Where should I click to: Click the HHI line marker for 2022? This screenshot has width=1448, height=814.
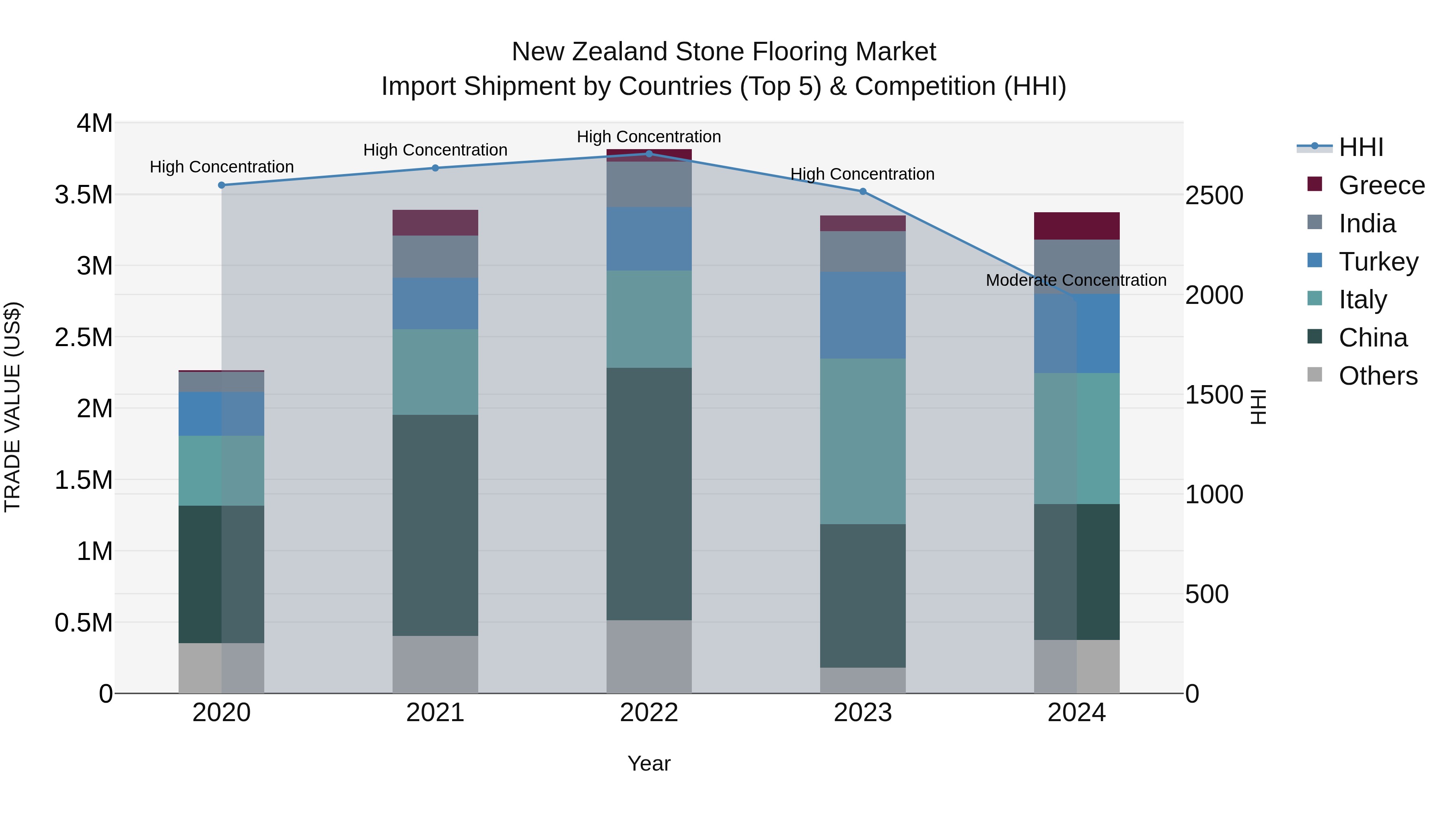(649, 154)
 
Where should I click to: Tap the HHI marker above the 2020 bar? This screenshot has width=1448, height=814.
(222, 185)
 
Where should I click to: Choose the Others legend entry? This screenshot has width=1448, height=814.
(1377, 376)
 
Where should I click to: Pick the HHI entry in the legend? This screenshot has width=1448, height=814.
(1360, 147)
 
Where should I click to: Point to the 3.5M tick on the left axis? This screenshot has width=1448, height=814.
(84, 195)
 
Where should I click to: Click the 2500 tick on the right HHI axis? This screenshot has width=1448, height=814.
(1214, 195)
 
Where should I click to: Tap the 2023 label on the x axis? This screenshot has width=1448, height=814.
(862, 713)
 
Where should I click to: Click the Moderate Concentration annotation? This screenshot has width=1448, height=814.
(1076, 280)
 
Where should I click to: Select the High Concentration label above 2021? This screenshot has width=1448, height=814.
(435, 150)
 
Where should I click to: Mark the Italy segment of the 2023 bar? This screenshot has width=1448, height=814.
(862, 441)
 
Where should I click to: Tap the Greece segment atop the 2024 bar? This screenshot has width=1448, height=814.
(1076, 226)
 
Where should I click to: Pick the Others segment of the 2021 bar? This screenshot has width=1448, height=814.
(435, 664)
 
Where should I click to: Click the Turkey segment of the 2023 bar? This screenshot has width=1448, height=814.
(862, 315)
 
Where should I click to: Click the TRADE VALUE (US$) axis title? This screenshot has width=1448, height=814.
(12, 407)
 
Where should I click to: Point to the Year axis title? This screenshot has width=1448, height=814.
(649, 763)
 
